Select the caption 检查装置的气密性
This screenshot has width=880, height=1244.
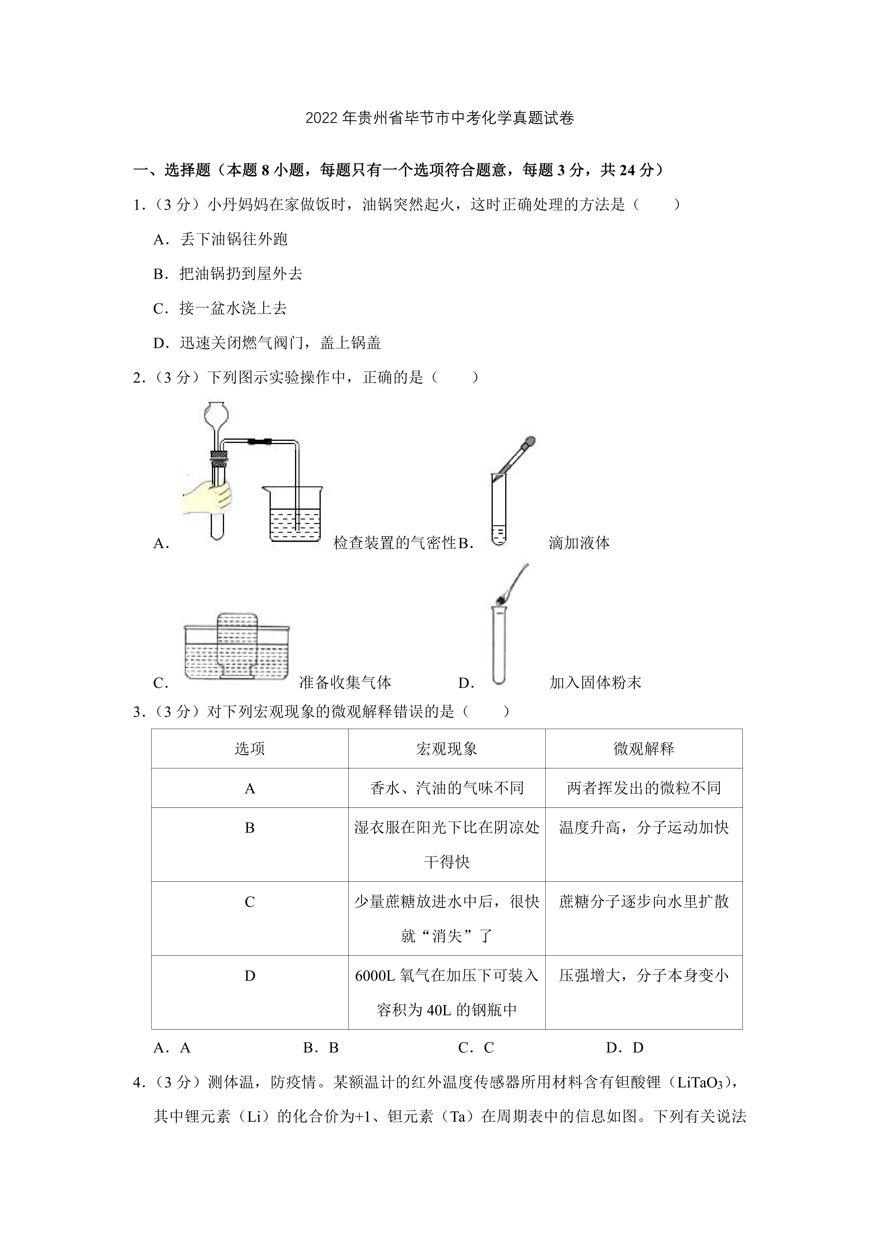click(395, 543)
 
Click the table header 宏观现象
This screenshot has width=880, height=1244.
click(446, 749)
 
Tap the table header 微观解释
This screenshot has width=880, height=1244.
click(644, 749)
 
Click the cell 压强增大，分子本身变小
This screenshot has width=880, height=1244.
click(644, 976)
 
